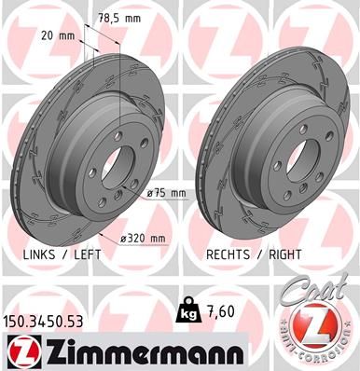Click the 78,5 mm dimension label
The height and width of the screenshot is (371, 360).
[120, 18]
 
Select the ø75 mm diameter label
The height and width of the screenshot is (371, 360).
[168, 192]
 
